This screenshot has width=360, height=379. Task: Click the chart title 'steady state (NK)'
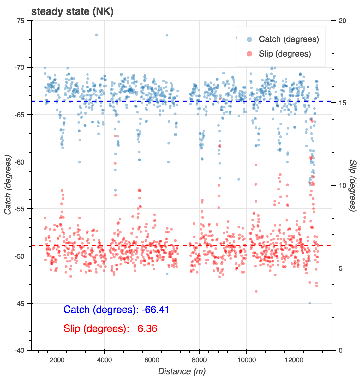pos(72,12)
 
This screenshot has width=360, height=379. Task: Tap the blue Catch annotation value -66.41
pos(155,310)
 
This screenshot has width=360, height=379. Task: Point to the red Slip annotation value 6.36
pos(147,329)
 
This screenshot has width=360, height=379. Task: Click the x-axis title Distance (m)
pos(182,371)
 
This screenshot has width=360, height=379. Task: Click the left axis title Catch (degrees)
pos(8,185)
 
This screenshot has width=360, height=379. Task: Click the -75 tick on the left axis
pos(23,21)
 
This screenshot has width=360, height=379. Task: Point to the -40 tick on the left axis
pos(23,350)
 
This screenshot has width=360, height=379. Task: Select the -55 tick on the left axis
pos(23,209)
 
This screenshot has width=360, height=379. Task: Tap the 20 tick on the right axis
pos(342,21)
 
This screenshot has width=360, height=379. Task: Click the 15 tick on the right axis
pos(342,103)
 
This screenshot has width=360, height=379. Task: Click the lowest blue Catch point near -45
pos(309,303)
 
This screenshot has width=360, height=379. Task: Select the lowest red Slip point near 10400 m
pos(256,292)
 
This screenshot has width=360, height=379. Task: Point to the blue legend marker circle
pos(249,39)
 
